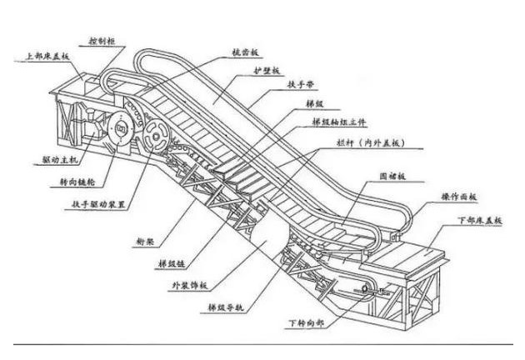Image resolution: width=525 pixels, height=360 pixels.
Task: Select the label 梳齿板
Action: (x=242, y=51)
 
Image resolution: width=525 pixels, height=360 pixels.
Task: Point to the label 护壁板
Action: (x=266, y=72)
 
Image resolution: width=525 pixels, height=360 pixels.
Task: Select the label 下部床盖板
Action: (x=482, y=221)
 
